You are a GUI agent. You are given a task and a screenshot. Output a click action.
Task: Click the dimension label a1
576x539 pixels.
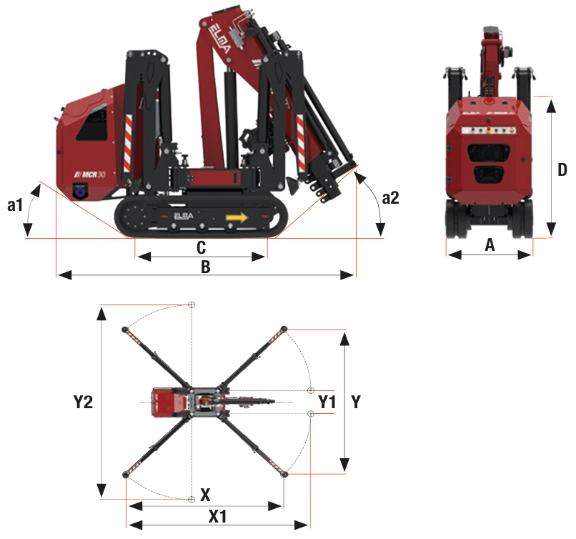click(x=15, y=205)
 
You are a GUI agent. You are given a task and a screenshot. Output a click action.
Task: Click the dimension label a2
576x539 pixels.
click(x=390, y=198)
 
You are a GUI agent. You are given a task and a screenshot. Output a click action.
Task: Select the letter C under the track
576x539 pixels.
click(x=201, y=247)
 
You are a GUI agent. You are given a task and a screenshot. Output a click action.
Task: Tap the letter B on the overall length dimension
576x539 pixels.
click(x=205, y=267)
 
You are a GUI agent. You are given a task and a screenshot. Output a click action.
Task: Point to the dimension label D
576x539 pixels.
click(x=562, y=170)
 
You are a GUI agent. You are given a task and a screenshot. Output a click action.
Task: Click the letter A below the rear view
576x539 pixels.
click(x=490, y=244)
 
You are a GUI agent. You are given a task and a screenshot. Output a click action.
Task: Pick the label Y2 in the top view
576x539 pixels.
click(x=84, y=402)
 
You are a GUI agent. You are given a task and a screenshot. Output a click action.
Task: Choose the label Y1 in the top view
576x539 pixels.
click(x=327, y=402)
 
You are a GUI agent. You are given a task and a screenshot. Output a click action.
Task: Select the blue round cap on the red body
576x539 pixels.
click(x=80, y=192)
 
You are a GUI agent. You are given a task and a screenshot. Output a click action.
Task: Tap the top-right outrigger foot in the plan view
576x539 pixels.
click(x=284, y=329)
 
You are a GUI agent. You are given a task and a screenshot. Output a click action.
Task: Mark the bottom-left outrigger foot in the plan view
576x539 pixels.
click(x=126, y=474)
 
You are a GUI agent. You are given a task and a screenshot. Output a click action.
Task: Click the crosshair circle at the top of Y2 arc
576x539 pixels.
click(x=191, y=305)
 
